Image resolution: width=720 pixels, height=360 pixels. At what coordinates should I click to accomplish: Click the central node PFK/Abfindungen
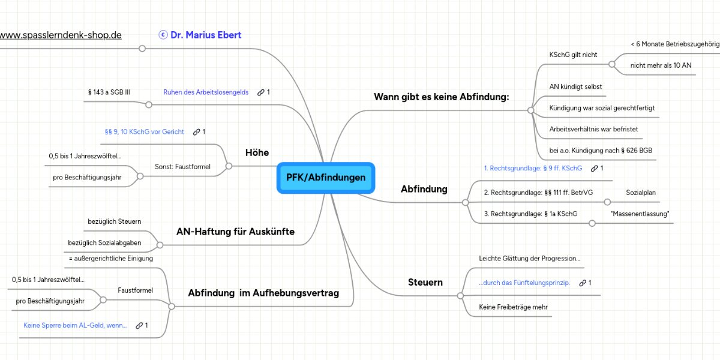326,178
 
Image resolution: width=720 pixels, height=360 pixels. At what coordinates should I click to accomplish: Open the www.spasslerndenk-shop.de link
61,35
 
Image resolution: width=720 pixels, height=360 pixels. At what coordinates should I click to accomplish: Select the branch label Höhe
257,152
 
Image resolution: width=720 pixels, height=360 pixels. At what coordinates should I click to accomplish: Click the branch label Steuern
425,282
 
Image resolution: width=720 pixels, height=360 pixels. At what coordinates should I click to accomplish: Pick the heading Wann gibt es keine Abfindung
441,97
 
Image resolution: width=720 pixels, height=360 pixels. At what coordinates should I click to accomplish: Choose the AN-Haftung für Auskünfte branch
235,232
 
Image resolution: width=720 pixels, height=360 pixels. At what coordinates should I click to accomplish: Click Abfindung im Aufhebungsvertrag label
263,293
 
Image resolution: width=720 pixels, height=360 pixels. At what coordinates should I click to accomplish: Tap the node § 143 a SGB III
109,92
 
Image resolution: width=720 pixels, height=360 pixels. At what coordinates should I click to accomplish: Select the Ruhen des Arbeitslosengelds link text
206,92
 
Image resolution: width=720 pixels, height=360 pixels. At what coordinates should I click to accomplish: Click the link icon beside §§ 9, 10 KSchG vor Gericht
196,132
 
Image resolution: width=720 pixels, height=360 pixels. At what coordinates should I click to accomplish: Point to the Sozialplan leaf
641,193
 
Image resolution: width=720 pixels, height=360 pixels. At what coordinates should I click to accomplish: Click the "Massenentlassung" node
640,214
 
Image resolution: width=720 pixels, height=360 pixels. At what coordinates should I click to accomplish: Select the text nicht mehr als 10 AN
661,65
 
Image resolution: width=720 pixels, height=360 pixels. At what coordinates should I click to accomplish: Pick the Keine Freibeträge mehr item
514,307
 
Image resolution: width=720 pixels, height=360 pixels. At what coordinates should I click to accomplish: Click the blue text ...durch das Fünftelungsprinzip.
524,283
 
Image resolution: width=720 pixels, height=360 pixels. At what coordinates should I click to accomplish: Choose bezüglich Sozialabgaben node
105,242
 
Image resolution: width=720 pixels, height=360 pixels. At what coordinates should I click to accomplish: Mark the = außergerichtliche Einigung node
111,258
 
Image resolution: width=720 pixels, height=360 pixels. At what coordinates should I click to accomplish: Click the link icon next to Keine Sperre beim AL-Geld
139,325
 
